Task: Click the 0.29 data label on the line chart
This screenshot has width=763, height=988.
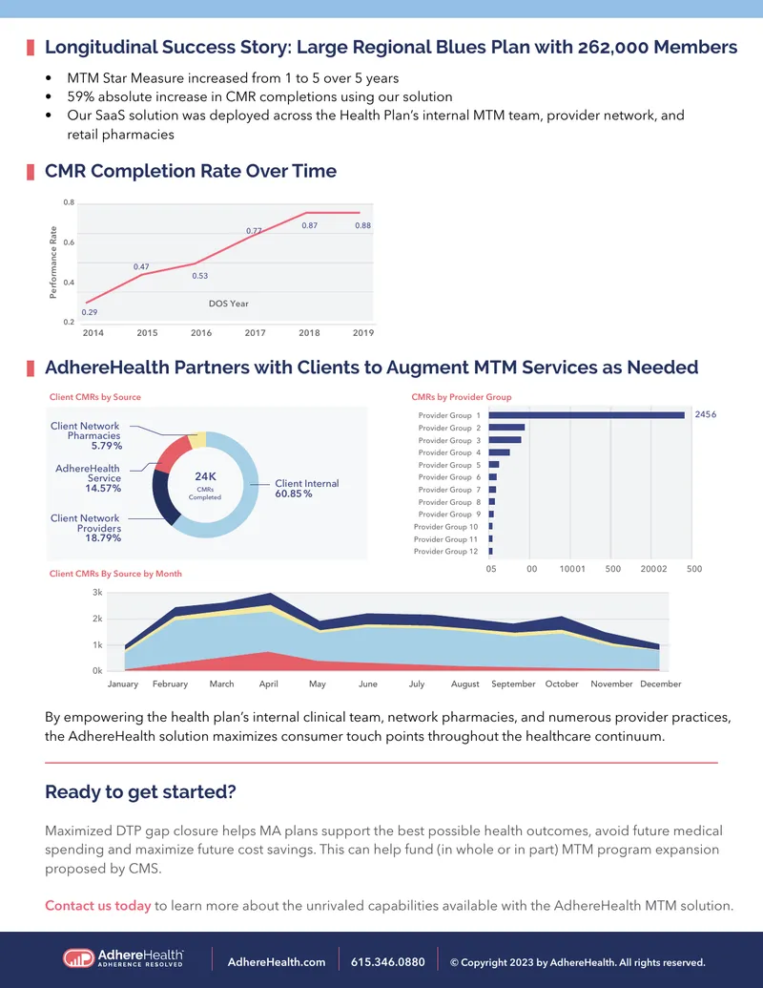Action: [90, 312]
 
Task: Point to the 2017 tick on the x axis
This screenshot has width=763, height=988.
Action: [255, 333]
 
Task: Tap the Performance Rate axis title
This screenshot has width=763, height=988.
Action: [52, 263]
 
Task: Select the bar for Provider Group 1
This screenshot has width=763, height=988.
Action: [587, 415]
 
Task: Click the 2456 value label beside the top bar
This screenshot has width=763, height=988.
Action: [706, 414]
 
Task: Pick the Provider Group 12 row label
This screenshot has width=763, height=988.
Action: [445, 552]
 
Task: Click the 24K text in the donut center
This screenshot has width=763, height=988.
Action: [205, 476]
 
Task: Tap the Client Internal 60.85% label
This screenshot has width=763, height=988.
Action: [306, 489]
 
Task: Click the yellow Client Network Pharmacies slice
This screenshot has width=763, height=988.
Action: [198, 440]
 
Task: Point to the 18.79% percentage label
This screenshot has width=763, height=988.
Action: [103, 538]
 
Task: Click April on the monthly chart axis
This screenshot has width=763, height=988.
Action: [269, 683]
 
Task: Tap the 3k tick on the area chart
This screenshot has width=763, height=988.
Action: [97, 592]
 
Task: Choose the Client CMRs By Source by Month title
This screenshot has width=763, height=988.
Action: [115, 574]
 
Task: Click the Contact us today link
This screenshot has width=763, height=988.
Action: [97, 906]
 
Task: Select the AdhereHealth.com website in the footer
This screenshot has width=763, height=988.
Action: [277, 962]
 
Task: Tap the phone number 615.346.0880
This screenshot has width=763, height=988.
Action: [388, 962]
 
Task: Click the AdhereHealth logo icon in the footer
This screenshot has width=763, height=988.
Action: [78, 958]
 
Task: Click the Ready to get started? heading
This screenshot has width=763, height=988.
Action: [140, 792]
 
